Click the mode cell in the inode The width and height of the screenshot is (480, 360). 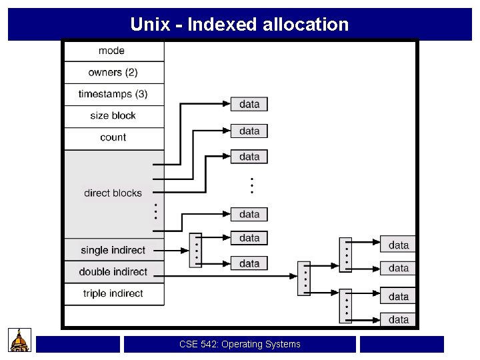(x=112, y=51)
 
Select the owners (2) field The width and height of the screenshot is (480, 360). (x=113, y=72)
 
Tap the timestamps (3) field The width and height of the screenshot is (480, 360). (x=113, y=94)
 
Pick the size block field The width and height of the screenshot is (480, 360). (x=113, y=116)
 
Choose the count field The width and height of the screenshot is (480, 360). (x=113, y=137)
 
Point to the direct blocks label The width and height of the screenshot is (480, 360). (x=113, y=193)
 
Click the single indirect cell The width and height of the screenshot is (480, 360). (x=113, y=250)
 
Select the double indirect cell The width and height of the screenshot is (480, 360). (x=113, y=271)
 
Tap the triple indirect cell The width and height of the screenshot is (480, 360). (x=113, y=293)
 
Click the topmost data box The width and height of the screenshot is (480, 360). (x=249, y=104)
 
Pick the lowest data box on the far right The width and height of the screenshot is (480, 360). (x=399, y=319)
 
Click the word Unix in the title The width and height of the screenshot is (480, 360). (x=150, y=25)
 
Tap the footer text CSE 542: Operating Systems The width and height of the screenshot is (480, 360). (x=240, y=345)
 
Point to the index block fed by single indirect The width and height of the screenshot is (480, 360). (x=195, y=250)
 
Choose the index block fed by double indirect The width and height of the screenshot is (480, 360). (x=304, y=279)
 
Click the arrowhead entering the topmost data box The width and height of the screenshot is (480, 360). (x=226, y=104)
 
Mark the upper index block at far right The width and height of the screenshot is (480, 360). (x=345, y=255)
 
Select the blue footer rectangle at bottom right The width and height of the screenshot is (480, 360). (x=402, y=344)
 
